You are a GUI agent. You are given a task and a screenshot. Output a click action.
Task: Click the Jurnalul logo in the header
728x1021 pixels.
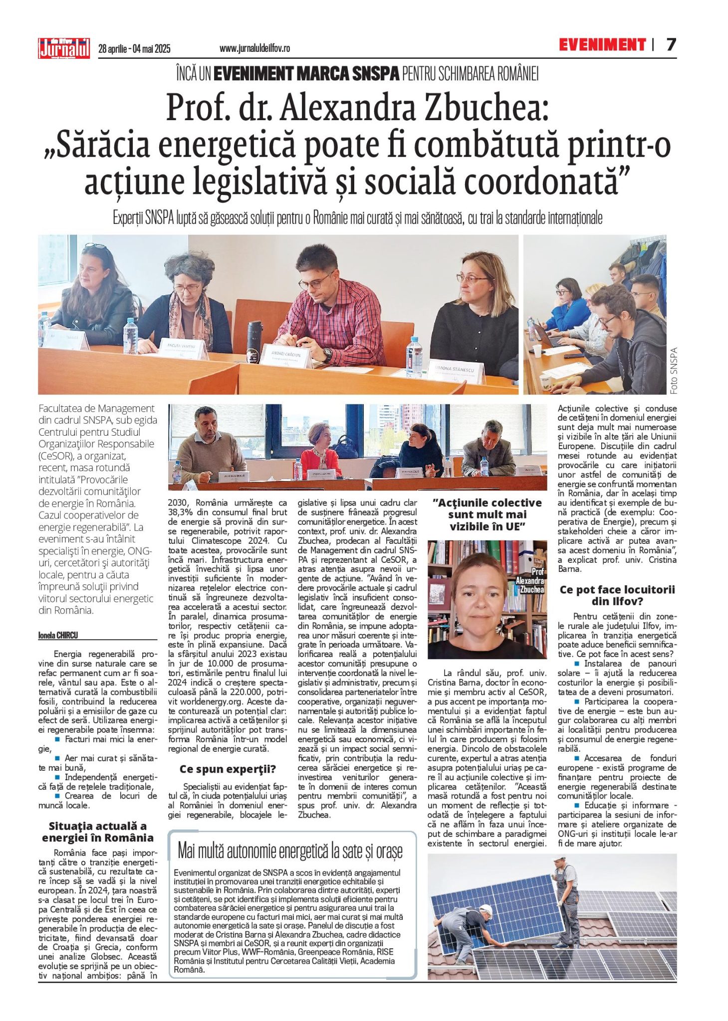coord(64,48)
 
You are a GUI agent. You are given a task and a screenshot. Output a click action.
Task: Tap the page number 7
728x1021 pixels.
coord(671,45)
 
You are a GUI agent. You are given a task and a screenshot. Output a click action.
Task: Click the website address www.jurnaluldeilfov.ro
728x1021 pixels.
coord(254,49)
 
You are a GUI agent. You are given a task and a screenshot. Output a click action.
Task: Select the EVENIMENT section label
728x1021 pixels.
coord(602,45)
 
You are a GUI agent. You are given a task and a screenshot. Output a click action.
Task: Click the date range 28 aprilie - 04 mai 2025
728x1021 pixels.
coord(135,49)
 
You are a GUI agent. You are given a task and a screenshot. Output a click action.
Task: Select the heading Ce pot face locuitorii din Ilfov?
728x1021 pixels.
coord(617,595)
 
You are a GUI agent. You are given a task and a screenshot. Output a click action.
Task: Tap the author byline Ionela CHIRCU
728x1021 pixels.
coord(58,635)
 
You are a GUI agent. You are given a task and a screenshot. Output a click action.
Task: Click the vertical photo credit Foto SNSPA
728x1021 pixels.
coord(674,370)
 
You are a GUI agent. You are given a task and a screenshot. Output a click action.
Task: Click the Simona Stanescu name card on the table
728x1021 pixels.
coord(454,371)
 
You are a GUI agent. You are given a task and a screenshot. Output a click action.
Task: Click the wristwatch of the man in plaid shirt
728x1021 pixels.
coord(327,353)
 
